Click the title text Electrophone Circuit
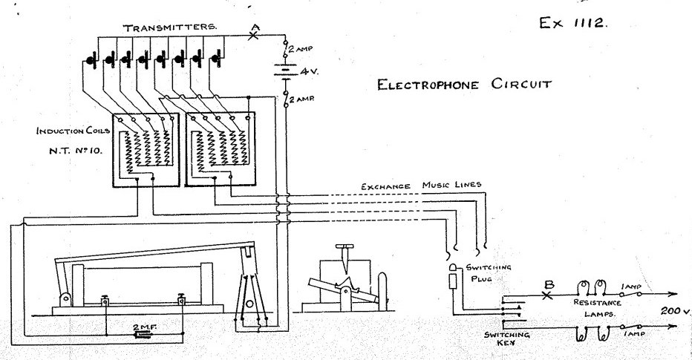tap(465, 83)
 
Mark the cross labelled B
tap(548, 295)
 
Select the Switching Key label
tap(507, 340)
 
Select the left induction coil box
tap(146, 150)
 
